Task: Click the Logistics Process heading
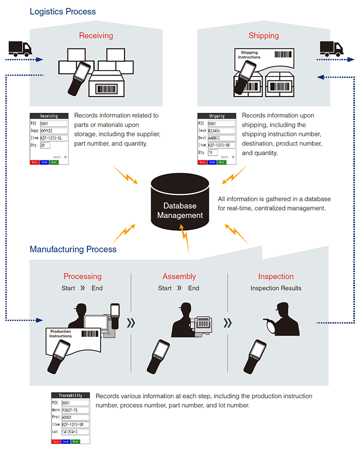62,11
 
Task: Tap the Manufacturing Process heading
73,249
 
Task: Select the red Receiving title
96,35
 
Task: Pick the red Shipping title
263,35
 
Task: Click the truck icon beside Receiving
20,48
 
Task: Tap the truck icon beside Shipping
331,48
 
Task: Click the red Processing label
82,276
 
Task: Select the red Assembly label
179,276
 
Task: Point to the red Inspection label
276,276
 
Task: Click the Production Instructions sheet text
60,334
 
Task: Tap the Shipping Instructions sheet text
249,54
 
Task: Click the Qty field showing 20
45,145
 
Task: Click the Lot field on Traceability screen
75,431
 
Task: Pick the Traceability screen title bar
70,395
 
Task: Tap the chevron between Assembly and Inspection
227,323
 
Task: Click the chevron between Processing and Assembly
130,323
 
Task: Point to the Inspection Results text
276,288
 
